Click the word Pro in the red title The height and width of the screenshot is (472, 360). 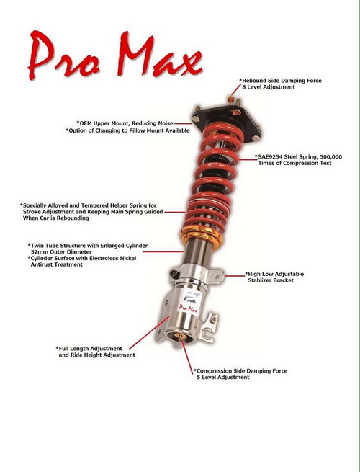(x=63, y=55)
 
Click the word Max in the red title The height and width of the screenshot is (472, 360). (x=159, y=54)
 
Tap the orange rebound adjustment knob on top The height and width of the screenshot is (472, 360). (x=231, y=99)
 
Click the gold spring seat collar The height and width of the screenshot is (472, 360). (x=202, y=236)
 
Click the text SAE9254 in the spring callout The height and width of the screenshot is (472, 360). (x=270, y=156)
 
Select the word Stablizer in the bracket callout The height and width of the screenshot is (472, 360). (x=261, y=280)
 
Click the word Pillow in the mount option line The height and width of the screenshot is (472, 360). (x=138, y=130)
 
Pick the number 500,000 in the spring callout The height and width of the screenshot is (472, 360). (x=330, y=157)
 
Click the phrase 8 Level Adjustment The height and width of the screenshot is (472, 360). (x=269, y=87)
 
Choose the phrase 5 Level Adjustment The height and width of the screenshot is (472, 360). (x=223, y=377)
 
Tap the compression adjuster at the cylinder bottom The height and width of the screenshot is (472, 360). (x=181, y=336)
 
